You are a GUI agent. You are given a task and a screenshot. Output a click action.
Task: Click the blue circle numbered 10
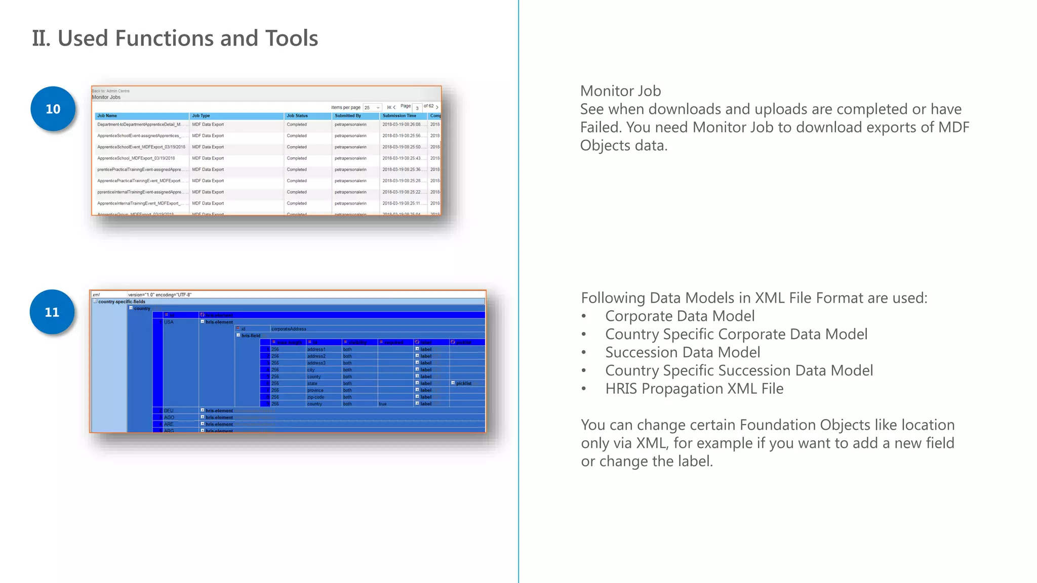(x=53, y=109)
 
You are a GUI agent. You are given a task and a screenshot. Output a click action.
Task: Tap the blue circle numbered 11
(x=52, y=312)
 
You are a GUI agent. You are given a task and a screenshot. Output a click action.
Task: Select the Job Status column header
(x=297, y=116)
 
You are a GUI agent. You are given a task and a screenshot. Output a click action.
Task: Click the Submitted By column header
(x=348, y=116)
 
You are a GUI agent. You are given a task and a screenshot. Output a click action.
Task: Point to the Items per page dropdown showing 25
(x=372, y=108)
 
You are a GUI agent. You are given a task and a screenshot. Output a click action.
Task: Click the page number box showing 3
(x=417, y=108)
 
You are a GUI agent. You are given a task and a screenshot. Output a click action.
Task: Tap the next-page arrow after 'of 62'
(x=437, y=107)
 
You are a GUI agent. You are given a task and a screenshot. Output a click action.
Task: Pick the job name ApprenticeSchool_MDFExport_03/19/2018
(x=136, y=158)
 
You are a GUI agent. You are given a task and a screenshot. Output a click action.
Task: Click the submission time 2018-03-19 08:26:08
(x=402, y=124)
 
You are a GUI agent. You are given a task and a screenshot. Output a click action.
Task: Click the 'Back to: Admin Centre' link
(x=111, y=91)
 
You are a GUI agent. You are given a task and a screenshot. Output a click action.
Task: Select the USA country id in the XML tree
(x=169, y=322)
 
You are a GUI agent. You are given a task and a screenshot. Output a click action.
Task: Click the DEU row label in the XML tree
(x=169, y=410)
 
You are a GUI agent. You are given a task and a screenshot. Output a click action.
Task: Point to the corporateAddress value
(x=289, y=329)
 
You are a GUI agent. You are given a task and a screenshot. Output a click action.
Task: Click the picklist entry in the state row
(x=463, y=384)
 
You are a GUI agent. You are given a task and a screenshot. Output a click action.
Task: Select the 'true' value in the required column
(x=382, y=404)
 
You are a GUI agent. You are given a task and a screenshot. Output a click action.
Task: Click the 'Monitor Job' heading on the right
(x=620, y=91)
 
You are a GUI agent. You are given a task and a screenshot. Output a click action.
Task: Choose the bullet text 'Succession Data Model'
(x=683, y=352)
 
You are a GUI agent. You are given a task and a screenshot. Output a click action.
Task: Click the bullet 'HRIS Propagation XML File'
(x=694, y=389)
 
